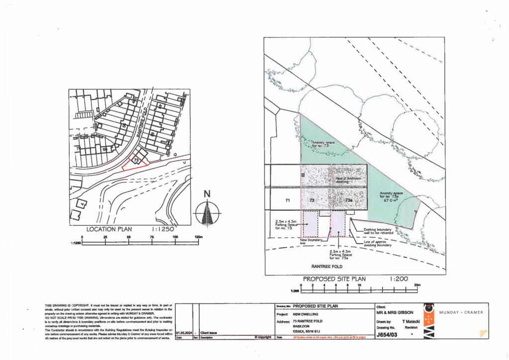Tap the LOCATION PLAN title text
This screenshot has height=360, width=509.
[109, 229]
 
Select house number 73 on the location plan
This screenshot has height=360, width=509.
[135, 160]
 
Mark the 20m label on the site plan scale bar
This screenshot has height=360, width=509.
[417, 285]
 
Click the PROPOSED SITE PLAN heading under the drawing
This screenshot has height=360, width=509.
[331, 279]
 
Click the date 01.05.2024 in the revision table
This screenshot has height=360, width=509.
[184, 333]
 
